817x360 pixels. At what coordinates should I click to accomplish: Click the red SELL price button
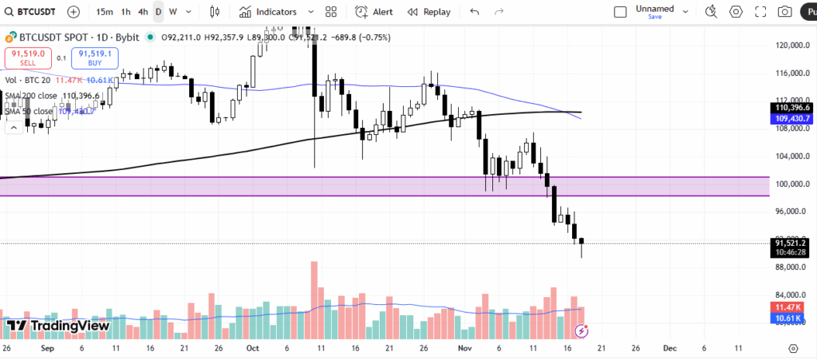click(x=28, y=57)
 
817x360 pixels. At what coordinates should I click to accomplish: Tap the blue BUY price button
click(x=95, y=57)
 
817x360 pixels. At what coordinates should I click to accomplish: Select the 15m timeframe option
click(x=104, y=12)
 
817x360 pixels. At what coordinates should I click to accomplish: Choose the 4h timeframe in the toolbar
click(x=143, y=12)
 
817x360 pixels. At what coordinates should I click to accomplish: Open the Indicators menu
click(x=268, y=12)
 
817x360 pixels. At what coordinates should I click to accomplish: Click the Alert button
click(x=374, y=12)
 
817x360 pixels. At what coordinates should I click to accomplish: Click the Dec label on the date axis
click(x=669, y=349)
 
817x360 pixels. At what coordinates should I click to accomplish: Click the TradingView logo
click(x=57, y=325)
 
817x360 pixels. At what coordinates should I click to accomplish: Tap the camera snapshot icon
click(x=785, y=12)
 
